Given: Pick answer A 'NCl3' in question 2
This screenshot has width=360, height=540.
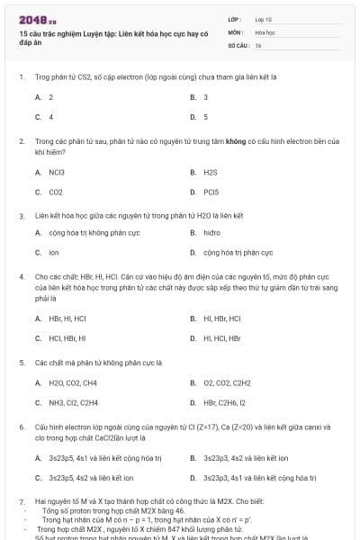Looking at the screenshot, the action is pos(57,171).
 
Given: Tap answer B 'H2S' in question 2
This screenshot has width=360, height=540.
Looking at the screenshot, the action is pos(211,171).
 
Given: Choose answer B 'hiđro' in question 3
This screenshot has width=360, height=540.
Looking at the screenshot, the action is pos(211,232).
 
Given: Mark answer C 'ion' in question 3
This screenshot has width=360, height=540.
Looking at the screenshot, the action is pos(54,253).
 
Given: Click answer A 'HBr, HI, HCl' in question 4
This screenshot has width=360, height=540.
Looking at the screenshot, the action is pos(67,318).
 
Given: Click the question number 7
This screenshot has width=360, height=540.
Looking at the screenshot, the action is pos(21,499).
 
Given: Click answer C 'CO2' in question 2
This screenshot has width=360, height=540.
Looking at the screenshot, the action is pos(56,192).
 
